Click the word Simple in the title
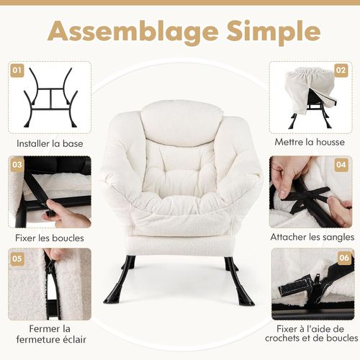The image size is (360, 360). pyautogui.click(x=269, y=32)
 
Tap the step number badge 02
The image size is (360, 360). pyautogui.click(x=341, y=71)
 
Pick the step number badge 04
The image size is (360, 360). pyautogui.click(x=341, y=165)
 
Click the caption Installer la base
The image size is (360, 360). pyautogui.click(x=49, y=143)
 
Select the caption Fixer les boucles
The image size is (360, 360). pyautogui.click(x=50, y=237)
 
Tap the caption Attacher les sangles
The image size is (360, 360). pyautogui.click(x=312, y=236)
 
